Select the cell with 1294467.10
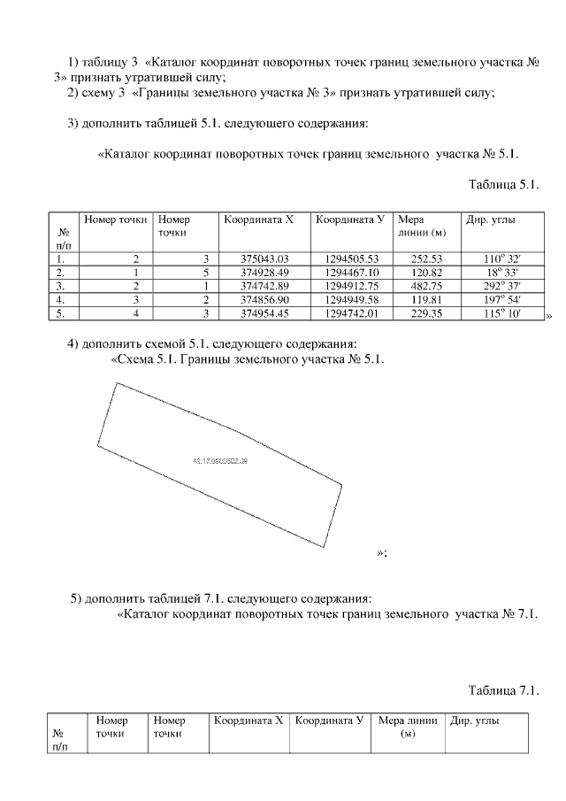[x=352, y=272]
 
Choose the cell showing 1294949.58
[x=352, y=299]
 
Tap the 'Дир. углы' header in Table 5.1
[x=492, y=219]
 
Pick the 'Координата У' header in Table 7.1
[x=329, y=720]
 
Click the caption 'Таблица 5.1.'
[x=503, y=185]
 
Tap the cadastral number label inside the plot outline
[x=219, y=461]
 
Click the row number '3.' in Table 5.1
[x=60, y=286]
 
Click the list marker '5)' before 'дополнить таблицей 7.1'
[x=76, y=597]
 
